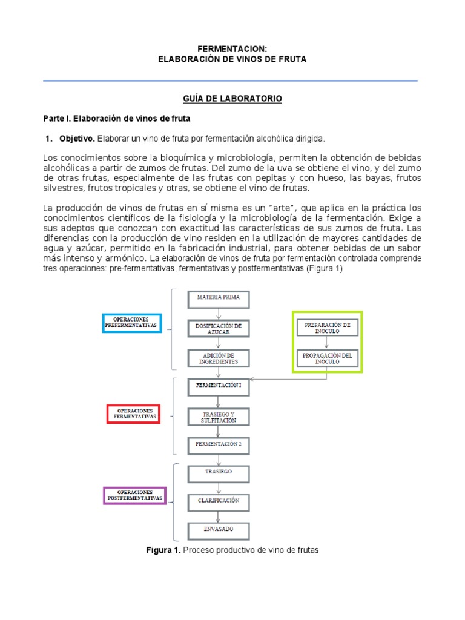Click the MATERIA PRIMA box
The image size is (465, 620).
coord(219,298)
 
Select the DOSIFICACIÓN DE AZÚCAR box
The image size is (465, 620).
coord(219,328)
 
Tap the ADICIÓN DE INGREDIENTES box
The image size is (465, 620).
coord(219,358)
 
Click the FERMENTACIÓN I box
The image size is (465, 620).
coord(219,385)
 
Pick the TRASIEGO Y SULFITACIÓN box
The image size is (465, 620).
coord(219,417)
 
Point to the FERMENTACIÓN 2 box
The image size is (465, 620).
coord(219,444)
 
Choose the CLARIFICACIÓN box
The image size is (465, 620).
coord(219,501)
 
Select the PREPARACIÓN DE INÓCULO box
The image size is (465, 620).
coord(328,328)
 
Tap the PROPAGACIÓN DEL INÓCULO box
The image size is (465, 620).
coord(328,358)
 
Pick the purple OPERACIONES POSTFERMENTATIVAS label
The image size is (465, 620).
coord(134,495)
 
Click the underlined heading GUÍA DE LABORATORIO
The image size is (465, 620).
coord(232,98)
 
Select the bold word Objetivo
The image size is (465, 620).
coord(76,139)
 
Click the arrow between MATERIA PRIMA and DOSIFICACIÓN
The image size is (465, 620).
coord(219,313)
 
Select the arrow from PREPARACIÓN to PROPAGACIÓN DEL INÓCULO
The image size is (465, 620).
coord(328,343)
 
